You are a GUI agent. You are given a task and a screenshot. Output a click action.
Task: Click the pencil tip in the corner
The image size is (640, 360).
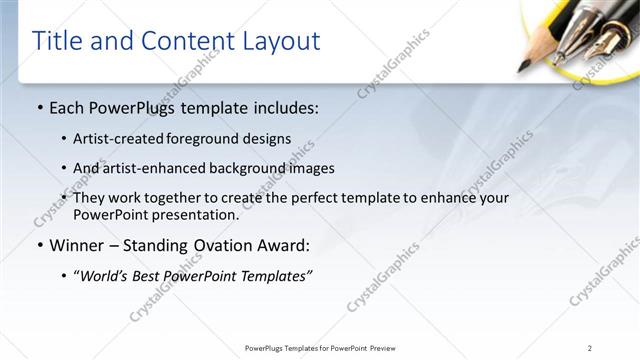(x=522, y=68)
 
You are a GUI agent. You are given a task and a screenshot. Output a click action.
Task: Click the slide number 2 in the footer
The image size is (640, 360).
(x=590, y=348)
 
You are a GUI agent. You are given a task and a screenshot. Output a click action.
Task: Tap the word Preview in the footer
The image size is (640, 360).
(x=389, y=348)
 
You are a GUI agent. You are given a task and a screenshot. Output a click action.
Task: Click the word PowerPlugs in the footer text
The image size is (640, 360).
(x=265, y=348)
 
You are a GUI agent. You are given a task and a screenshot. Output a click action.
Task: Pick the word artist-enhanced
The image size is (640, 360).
(x=145, y=168)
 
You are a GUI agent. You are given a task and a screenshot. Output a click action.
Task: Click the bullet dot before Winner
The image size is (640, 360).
(x=39, y=245)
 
